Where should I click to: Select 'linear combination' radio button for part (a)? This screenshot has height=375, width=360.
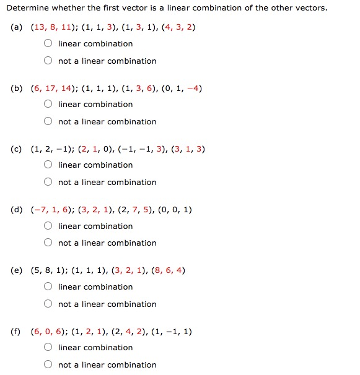coord(48,44)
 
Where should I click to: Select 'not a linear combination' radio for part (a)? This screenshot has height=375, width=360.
coord(48,61)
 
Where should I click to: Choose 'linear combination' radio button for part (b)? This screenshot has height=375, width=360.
coord(48,105)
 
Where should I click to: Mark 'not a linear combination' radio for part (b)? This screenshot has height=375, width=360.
coord(48,122)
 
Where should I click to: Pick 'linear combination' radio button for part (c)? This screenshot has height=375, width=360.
coord(48,165)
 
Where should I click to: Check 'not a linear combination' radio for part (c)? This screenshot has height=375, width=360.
coord(48,183)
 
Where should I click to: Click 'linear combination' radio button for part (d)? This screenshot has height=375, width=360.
coord(48,226)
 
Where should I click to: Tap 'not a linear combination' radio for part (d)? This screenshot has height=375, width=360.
coord(48,243)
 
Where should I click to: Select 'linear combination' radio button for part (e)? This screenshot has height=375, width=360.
coord(48,287)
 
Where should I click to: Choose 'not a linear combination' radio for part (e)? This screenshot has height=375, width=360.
coord(48,304)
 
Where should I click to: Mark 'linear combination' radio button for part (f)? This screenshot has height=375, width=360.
coord(48,348)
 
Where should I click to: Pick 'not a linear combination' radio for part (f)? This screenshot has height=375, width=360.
coord(48,365)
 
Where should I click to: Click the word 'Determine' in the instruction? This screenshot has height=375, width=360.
coord(27,8)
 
